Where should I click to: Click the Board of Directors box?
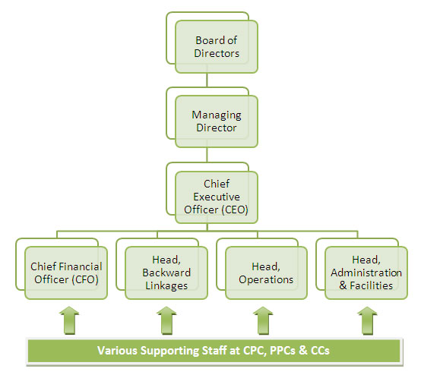pyautogui.click(x=217, y=46)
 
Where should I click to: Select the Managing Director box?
pyautogui.click(x=217, y=121)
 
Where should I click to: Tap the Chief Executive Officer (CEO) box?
pyautogui.click(x=217, y=197)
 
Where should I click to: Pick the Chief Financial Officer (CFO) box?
pyautogui.click(x=66, y=273)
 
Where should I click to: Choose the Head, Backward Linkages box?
pyautogui.click(x=166, y=273)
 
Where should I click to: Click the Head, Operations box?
pyautogui.click(x=266, y=273)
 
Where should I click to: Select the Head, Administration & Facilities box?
pyautogui.click(x=366, y=273)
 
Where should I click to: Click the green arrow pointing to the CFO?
pyautogui.click(x=69, y=320)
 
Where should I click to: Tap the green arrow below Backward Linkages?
pyautogui.click(x=166, y=320)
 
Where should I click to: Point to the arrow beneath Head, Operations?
pyautogui.click(x=263, y=320)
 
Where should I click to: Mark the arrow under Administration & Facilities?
pyautogui.click(x=367, y=320)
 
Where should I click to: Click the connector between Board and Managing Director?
pyautogui.click(x=207, y=80)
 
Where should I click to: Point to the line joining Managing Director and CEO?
pyautogui.click(x=207, y=155)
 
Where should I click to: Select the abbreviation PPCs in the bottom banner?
pyautogui.click(x=283, y=351)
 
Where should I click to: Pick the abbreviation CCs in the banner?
pyautogui.click(x=320, y=351)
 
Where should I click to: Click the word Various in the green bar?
pyautogui.click(x=117, y=351)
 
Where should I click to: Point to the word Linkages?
pyautogui.click(x=166, y=286)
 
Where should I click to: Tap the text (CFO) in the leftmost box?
pyautogui.click(x=85, y=280)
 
